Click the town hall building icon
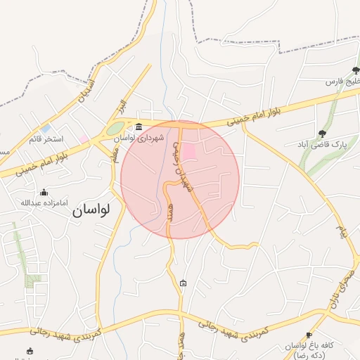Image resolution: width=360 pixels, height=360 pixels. click(x=138, y=127)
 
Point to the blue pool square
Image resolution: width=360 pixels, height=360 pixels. click(x=46, y=129)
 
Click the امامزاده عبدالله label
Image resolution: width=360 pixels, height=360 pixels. click(x=44, y=203)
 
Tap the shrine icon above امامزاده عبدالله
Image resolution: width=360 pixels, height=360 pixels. click(x=44, y=192)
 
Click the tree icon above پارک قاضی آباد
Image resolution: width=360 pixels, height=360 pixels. click(x=322, y=133)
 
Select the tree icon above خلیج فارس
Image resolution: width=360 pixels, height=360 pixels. click(x=355, y=70)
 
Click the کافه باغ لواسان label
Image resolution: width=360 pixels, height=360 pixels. click(x=309, y=346)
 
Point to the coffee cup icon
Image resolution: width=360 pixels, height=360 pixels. click(x=308, y=335)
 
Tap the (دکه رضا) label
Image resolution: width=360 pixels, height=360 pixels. click(x=310, y=356)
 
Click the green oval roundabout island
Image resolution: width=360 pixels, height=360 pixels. click(x=115, y=129)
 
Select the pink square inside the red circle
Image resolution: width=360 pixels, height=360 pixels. click(x=190, y=150)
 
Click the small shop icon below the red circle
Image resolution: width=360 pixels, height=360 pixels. click(x=184, y=283)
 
